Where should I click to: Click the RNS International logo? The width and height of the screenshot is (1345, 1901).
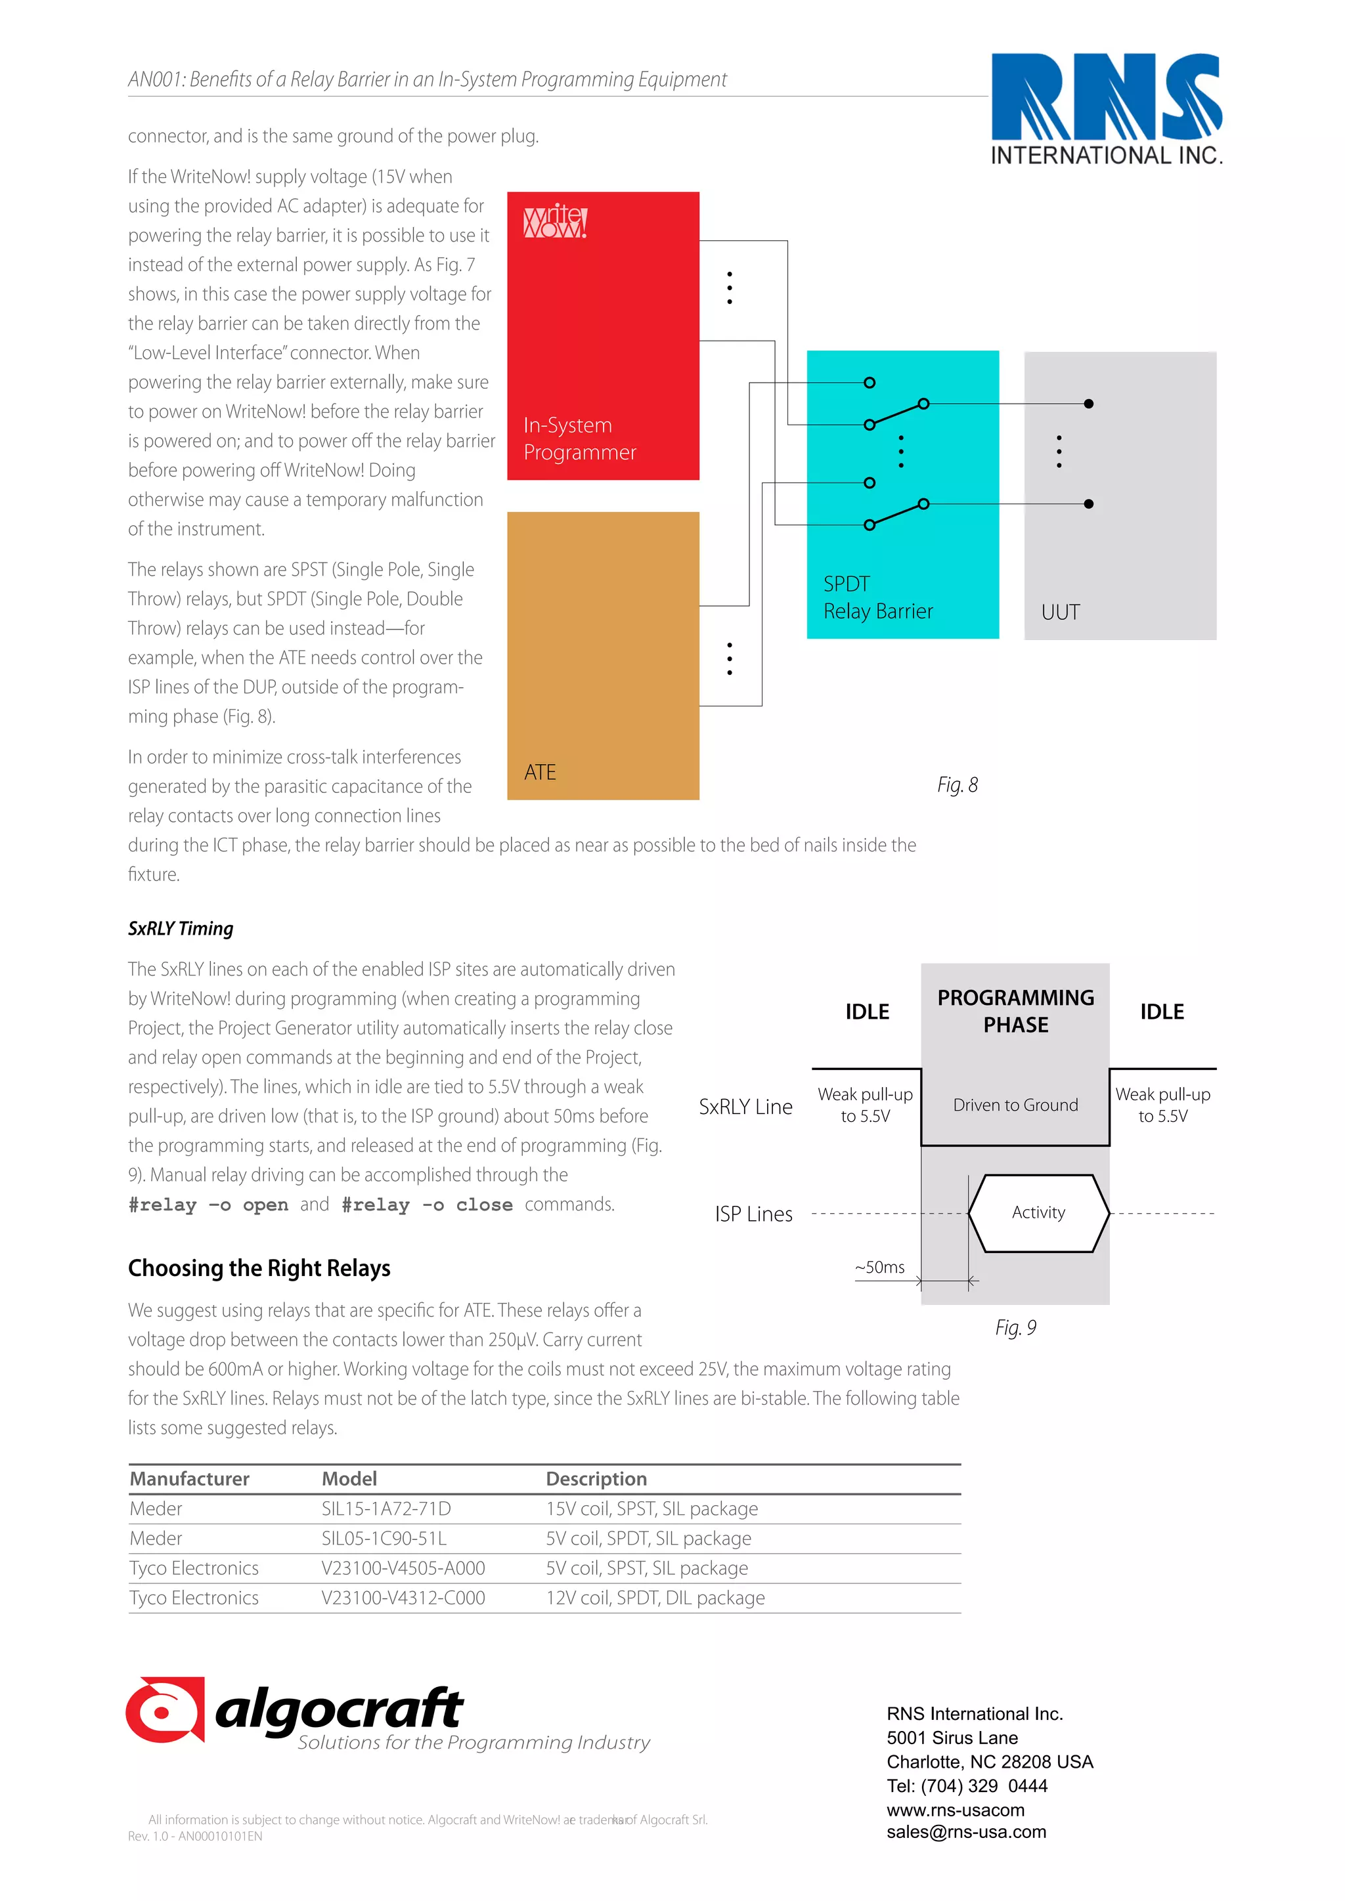(1107, 108)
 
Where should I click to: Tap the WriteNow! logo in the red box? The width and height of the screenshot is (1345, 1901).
(555, 221)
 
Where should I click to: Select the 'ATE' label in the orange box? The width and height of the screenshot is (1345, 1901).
(540, 772)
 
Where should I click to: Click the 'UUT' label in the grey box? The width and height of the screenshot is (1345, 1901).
(1060, 612)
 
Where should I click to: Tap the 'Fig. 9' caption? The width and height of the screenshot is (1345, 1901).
(1015, 1327)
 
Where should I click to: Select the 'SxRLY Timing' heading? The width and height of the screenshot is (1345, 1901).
(181, 928)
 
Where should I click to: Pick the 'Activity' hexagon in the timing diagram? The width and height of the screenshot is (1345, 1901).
(1038, 1212)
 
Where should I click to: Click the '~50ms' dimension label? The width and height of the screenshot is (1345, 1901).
(879, 1267)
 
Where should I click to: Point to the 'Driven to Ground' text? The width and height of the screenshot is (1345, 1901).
(1015, 1105)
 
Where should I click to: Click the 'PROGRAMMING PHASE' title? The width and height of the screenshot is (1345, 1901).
(1015, 1010)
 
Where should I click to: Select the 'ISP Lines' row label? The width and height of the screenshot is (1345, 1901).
(754, 1214)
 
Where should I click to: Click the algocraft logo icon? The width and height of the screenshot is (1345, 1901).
(165, 1710)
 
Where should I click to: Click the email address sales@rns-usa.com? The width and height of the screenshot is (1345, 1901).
(965, 1831)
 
